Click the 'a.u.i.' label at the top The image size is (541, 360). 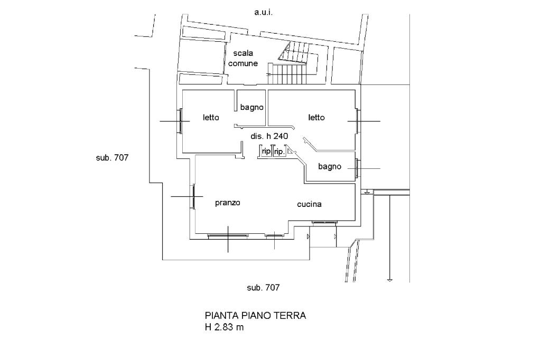coord(263,12)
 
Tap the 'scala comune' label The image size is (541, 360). coord(243,58)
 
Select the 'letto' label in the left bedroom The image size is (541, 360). coord(211,117)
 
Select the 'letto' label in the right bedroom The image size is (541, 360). coord(316,117)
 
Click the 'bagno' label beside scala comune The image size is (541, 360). coord(251,107)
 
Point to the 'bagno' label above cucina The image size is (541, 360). coord(330,167)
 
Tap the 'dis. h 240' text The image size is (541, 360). coord(269,136)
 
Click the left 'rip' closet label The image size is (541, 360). coord(266,151)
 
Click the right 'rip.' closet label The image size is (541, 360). coord(279,151)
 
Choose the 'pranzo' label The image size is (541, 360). coord(228,203)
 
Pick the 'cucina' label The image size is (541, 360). coord(309,204)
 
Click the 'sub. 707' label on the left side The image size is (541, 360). coord(113,157)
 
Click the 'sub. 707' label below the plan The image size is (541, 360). coord(263,288)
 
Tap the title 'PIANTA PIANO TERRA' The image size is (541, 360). coord(255,316)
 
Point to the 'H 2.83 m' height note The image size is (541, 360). coord(225,327)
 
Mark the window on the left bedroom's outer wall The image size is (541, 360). coord(180,121)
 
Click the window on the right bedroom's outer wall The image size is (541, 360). coord(358,121)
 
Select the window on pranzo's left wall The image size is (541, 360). coord(193,196)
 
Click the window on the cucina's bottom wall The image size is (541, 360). coord(324,222)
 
